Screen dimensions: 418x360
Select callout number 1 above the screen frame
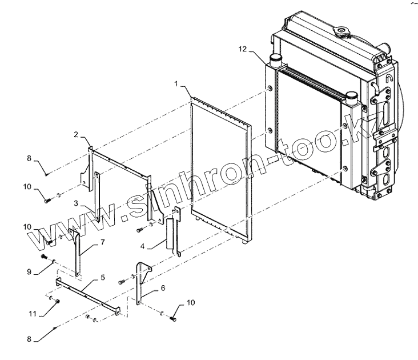point(178,84)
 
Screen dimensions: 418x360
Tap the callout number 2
point(77,135)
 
